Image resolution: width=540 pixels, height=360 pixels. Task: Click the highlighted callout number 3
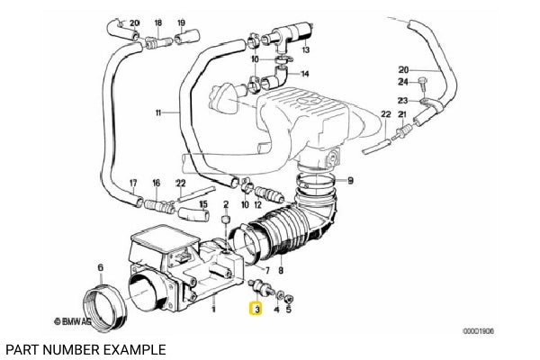click(256, 310)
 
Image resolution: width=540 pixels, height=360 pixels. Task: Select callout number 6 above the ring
click(101, 266)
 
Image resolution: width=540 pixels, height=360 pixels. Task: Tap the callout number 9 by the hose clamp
click(350, 181)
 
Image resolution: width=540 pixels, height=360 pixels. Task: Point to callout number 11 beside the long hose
click(159, 113)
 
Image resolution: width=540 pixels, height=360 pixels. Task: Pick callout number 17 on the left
click(132, 183)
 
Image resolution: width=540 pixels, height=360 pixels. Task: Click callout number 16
click(155, 183)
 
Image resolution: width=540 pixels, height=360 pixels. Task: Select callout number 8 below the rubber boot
click(281, 270)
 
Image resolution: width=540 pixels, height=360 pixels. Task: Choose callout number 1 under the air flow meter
click(213, 309)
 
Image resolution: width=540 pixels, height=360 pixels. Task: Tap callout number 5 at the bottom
click(288, 309)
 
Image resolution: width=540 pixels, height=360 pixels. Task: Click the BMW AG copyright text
click(76, 319)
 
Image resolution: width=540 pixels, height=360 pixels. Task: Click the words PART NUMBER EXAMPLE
click(85, 346)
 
